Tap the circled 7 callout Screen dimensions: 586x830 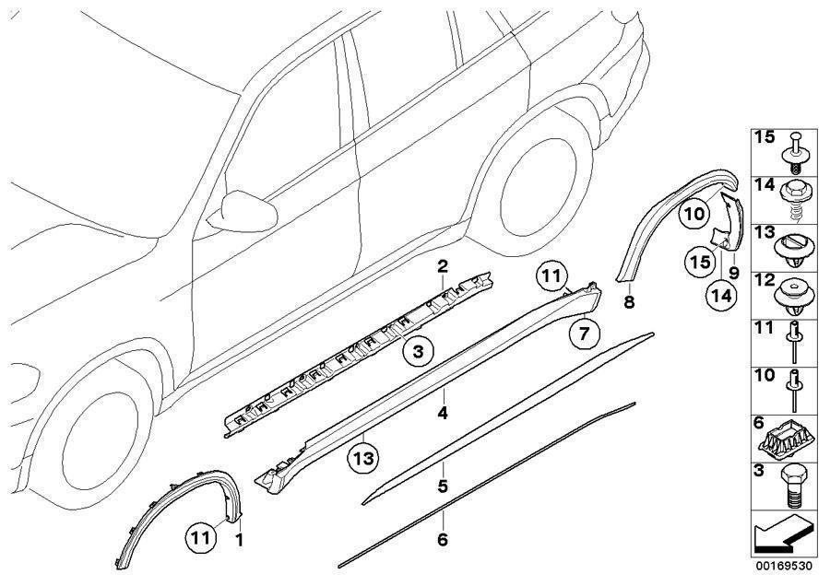coord(583,334)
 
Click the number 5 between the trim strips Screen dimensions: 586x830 coord(443,485)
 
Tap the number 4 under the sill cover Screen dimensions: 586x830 coord(443,414)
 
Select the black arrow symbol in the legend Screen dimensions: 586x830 coord(782,533)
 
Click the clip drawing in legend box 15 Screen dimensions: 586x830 coord(796,151)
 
